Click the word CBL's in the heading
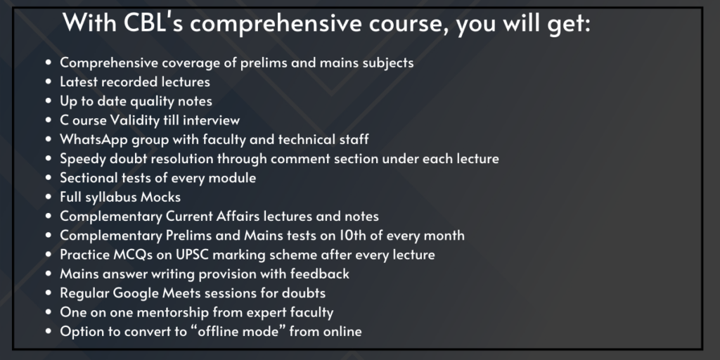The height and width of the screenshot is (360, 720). [x=153, y=22]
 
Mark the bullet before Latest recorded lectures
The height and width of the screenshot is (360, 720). [x=49, y=82]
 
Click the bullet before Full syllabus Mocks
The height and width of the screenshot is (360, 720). [x=49, y=198]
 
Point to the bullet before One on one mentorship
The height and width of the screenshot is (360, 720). [x=49, y=313]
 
